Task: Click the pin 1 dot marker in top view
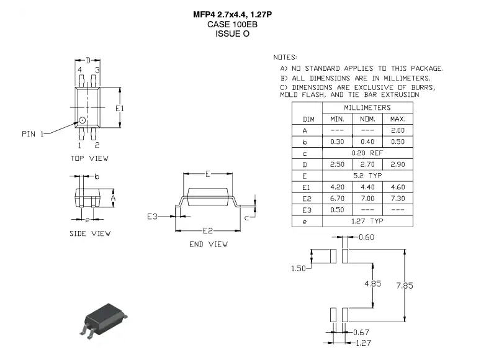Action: coord(82,120)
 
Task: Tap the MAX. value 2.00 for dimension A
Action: coord(398,130)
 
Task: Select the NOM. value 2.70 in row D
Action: coord(367,164)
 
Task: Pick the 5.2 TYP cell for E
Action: coord(367,176)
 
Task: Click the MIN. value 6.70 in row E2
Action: coord(337,199)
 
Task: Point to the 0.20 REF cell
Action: coord(367,153)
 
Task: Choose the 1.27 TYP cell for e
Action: coord(367,221)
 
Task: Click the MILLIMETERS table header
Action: coord(367,108)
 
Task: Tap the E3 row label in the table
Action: coord(307,210)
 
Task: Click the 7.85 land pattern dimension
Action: coord(405,286)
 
